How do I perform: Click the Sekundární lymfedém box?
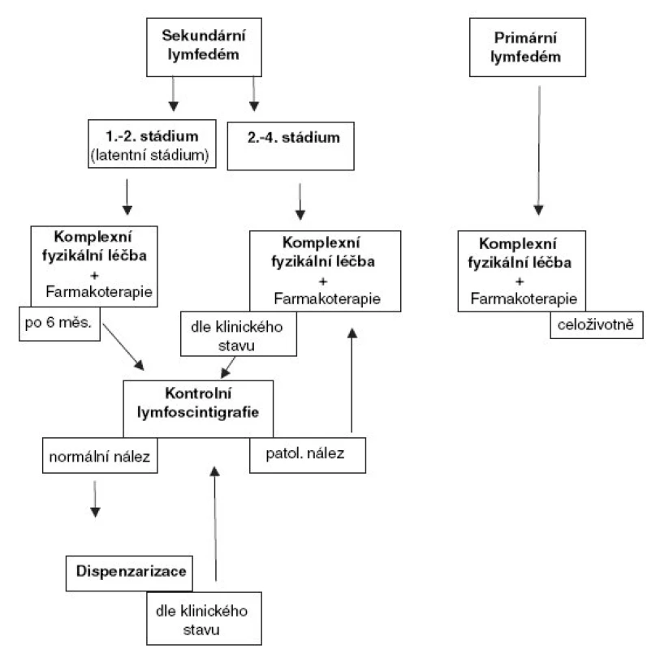(204, 47)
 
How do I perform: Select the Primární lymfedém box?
(528, 47)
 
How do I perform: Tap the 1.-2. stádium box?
(152, 144)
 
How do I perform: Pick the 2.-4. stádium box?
(291, 146)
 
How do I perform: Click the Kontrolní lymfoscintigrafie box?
(198, 409)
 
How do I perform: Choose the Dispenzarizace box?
(129, 574)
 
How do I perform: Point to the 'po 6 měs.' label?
(59, 324)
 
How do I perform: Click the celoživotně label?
(597, 324)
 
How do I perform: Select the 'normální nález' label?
(100, 456)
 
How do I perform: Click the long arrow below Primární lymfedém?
(539, 151)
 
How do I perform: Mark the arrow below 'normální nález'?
(95, 499)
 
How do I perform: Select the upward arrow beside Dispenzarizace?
(215, 523)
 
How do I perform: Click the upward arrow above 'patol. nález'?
(352, 380)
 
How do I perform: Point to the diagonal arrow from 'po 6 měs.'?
(123, 347)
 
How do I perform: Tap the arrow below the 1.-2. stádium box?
(127, 197)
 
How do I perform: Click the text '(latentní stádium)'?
(150, 155)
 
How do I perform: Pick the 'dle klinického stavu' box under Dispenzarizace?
(204, 618)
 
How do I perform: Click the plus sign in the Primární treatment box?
(520, 282)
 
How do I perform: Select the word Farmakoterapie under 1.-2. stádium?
(99, 291)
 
